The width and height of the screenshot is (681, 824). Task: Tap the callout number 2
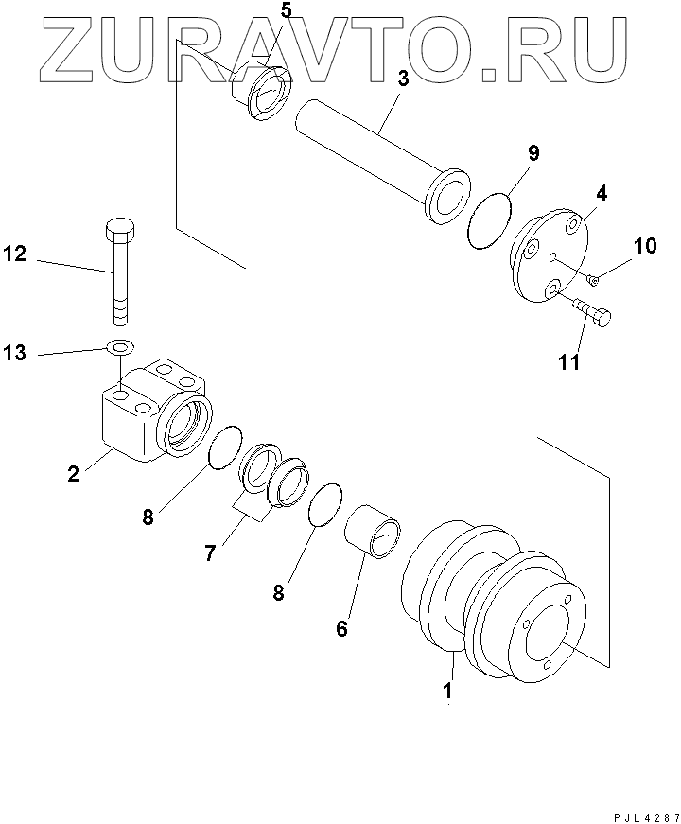coord(73,473)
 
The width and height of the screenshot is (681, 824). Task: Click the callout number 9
coord(533,152)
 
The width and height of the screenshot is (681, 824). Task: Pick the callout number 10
coord(644,247)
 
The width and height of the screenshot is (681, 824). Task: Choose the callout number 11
coord(568,362)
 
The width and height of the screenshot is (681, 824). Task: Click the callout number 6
coord(341,627)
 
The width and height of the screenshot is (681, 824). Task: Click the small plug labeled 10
coord(592,278)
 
